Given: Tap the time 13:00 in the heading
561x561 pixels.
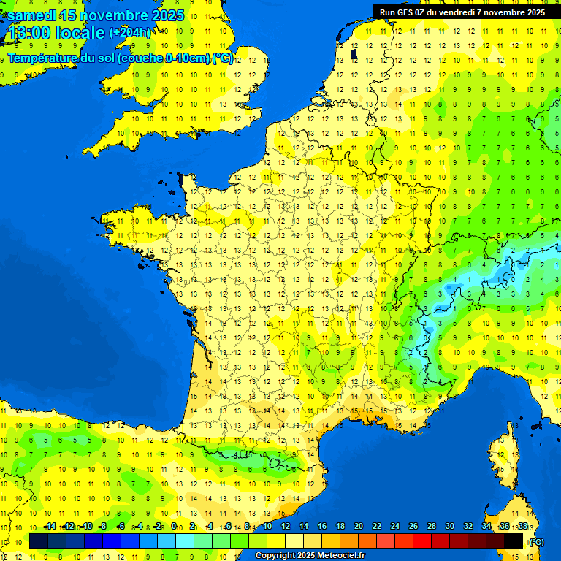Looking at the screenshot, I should [x=31, y=33].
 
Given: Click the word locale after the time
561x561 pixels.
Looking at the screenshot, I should [x=80, y=33].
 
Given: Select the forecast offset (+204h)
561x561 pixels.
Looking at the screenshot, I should [x=130, y=33].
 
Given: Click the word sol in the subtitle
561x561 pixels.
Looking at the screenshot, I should [x=106, y=58].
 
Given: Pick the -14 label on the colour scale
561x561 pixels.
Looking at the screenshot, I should [x=50, y=526].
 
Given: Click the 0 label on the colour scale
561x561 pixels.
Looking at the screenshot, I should [x=174, y=526].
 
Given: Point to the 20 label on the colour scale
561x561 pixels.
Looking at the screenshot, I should [x=359, y=526].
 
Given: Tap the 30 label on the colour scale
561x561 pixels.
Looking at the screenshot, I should [x=450, y=526].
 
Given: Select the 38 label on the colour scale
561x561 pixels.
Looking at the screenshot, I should [x=523, y=526].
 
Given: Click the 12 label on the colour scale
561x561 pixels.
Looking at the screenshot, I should [x=286, y=526].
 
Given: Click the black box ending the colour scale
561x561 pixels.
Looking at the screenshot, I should [x=514, y=541].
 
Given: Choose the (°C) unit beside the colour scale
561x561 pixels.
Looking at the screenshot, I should [x=536, y=541].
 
